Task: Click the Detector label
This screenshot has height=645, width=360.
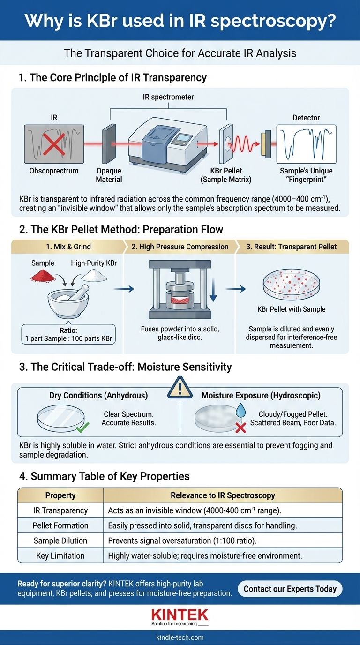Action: pos(306,118)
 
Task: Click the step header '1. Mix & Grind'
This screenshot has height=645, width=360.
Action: pos(68,247)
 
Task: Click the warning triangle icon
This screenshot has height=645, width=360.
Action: pos(180,388)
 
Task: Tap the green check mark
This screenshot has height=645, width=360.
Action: pos(82,427)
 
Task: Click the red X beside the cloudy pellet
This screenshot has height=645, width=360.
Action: pos(241,427)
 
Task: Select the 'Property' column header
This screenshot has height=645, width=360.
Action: pos(60,495)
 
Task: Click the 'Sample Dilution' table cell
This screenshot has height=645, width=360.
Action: pos(60,540)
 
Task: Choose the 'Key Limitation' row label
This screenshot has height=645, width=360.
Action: pos(60,555)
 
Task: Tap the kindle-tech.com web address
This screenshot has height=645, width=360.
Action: pos(180,637)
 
